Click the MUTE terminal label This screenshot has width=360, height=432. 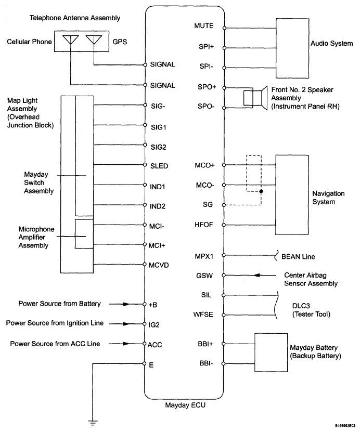(204, 25)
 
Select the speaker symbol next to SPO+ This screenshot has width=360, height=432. (255, 98)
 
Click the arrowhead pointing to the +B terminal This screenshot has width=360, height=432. (126, 304)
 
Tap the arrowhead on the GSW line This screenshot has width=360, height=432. (257, 275)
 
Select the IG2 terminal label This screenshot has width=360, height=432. (154, 325)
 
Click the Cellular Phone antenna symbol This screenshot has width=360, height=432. (71, 40)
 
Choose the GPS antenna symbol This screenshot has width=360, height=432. (94, 40)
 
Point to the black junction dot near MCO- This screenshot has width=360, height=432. (261, 191)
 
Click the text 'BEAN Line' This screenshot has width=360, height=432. (298, 257)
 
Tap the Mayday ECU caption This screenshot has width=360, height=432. (185, 405)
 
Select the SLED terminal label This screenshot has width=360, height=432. (159, 166)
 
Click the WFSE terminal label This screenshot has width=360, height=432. (203, 315)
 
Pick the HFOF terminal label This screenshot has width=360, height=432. (204, 225)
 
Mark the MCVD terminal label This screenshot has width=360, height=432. (159, 265)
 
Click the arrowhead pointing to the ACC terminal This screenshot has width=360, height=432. (126, 344)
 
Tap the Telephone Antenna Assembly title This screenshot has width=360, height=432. (75, 18)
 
